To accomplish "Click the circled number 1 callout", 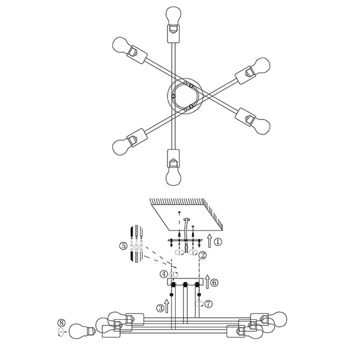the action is tap(218, 242).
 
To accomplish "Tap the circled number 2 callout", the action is tap(203, 255).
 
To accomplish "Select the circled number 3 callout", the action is tap(160, 308).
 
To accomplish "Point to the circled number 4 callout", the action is tap(164, 274).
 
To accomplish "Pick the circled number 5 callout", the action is tap(123, 246).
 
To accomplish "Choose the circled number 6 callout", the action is tap(214, 283).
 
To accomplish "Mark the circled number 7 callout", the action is tap(208, 304).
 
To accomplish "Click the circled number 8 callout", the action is tap(61, 323).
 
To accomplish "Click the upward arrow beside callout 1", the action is tap(209, 241).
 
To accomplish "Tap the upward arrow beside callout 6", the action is tap(208, 282).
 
